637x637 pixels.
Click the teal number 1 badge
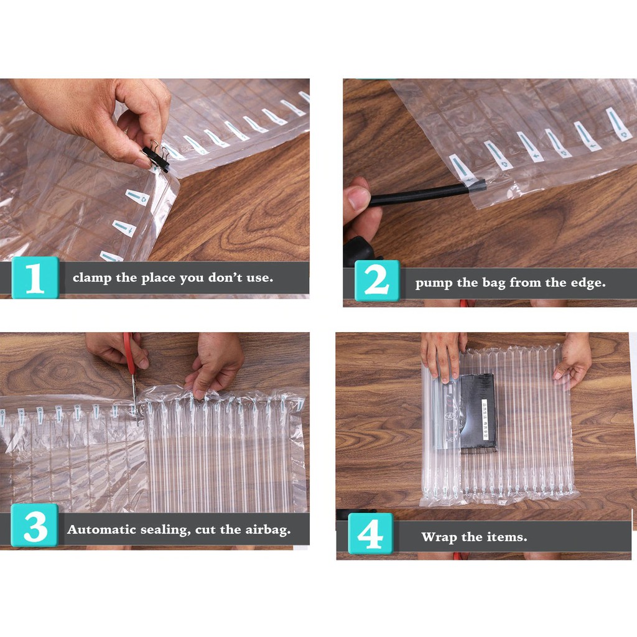point(35,278)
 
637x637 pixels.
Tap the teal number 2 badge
point(377,281)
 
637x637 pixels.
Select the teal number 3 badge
point(35,525)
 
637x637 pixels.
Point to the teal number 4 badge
point(371,533)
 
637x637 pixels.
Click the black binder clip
point(156,156)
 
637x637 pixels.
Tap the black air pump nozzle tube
point(427,193)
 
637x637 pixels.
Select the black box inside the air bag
point(478,412)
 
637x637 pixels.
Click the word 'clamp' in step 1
point(92,278)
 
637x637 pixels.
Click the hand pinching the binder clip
point(101,118)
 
